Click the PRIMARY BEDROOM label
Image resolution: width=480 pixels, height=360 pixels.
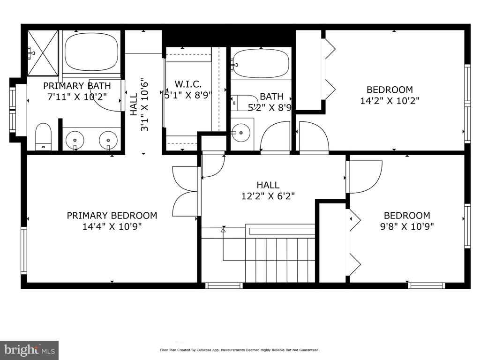pos(112,216)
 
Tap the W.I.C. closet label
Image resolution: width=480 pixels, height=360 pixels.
pos(188,84)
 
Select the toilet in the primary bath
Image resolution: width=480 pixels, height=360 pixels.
pos(43,136)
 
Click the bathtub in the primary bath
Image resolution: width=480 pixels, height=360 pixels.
pos(92,52)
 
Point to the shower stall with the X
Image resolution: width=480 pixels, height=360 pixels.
pos(43,52)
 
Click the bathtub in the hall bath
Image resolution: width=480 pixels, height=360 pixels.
pos(261,64)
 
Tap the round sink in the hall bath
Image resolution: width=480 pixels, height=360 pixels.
pos(240,133)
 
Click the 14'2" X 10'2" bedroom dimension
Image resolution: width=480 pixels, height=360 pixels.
pos(390,101)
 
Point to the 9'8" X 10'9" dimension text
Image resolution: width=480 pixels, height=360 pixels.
pos(407,226)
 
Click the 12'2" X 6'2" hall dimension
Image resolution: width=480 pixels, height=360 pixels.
pos(268,196)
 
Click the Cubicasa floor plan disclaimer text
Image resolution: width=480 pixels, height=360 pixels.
pos(240,350)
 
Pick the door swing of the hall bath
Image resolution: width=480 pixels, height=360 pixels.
pos(275,136)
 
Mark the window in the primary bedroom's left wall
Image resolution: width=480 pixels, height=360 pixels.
pos(23,250)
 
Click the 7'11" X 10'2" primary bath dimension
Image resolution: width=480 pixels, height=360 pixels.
pos(77,97)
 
